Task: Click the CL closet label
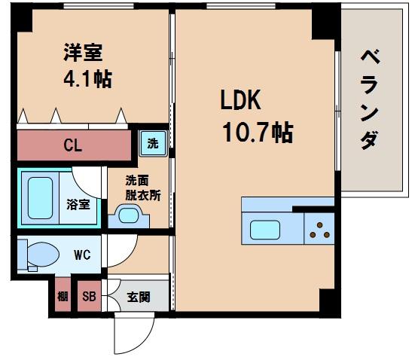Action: point(73,143)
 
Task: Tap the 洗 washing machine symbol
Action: point(153,143)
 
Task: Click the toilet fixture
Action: point(38,255)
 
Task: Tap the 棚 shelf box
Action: point(63,297)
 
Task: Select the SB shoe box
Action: point(89,297)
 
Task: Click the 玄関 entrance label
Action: point(138,297)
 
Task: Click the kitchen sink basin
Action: point(267,229)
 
